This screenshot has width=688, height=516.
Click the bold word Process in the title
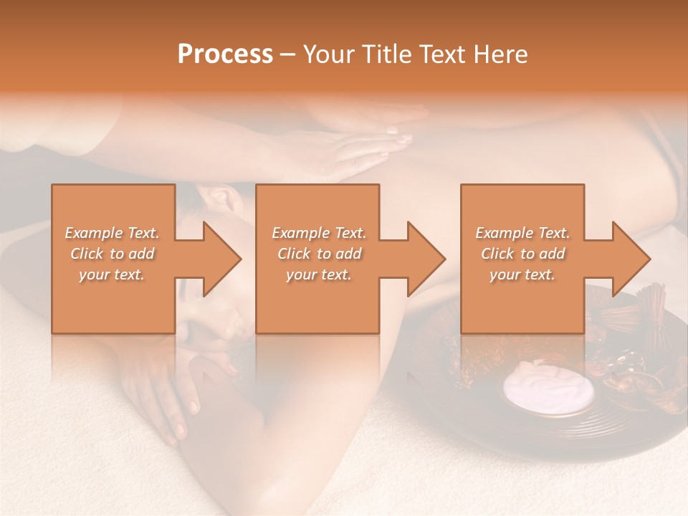coord(225,54)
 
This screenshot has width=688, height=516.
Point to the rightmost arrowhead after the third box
coord(630,259)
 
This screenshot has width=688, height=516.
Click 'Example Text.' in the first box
coord(113,233)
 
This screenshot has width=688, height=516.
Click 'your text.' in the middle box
coord(318,274)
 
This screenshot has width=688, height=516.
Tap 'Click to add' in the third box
coord(522,254)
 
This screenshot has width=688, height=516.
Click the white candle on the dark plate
coord(548,388)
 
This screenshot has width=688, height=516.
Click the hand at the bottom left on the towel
coord(168,401)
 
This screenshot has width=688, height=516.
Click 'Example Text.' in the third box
coord(522,233)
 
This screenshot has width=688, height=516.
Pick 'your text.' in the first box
coord(113,274)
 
